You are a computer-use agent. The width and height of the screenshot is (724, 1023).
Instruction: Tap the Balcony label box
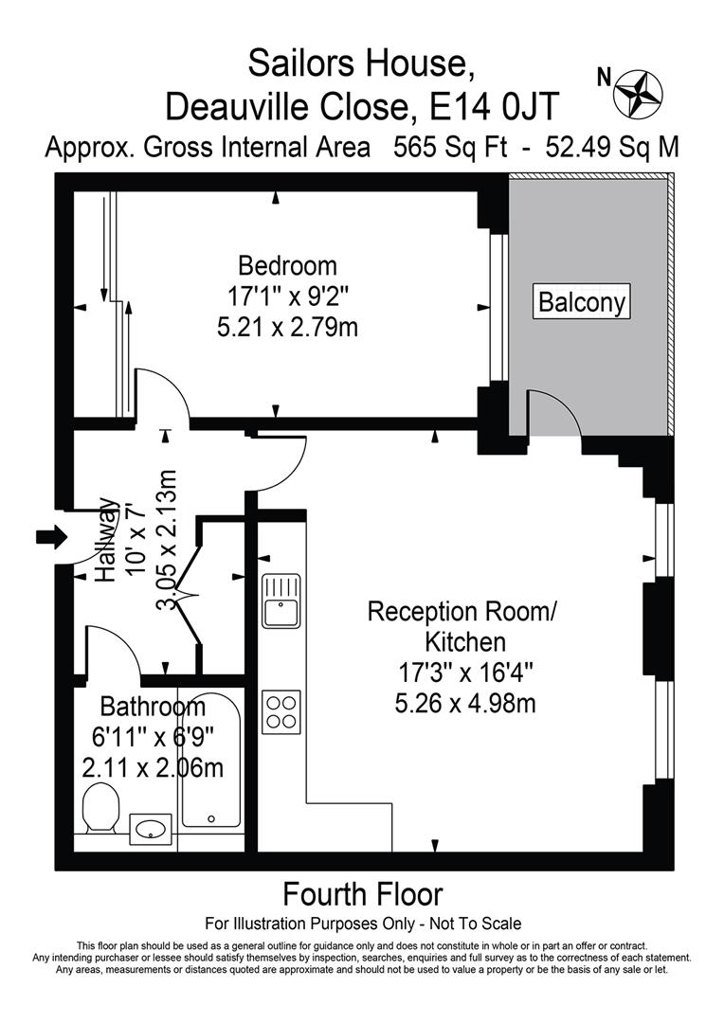(x=582, y=302)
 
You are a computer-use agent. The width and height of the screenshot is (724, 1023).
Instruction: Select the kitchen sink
(x=281, y=601)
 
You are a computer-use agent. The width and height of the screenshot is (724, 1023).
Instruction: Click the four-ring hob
(x=281, y=710)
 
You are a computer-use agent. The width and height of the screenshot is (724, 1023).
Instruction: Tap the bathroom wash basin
(x=149, y=828)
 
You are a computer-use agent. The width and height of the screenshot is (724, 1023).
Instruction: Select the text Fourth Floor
(x=363, y=893)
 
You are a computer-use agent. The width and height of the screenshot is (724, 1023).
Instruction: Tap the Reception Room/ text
(x=463, y=611)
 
